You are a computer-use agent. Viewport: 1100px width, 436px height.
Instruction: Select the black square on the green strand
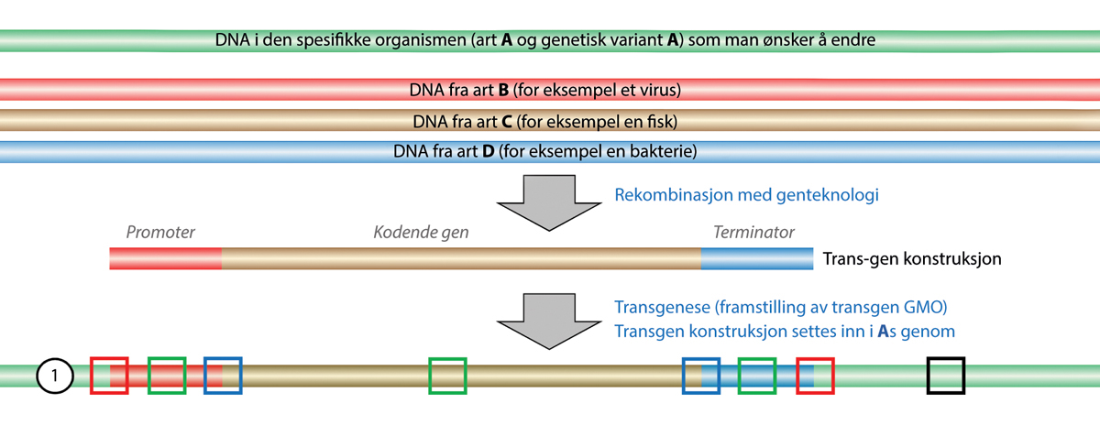[946, 376]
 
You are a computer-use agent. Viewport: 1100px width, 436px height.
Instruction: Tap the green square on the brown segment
[447, 376]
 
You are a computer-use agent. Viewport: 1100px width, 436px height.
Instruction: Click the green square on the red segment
[167, 376]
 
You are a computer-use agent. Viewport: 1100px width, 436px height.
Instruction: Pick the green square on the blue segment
[757, 376]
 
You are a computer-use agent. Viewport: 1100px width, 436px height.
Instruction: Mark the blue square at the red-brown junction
[224, 376]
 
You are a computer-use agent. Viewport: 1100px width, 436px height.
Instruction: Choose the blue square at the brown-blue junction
[702, 376]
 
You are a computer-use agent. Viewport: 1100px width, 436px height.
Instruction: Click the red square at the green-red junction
[109, 376]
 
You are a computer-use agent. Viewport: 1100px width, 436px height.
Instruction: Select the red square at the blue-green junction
[815, 376]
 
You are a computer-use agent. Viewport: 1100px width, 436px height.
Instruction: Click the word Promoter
[160, 233]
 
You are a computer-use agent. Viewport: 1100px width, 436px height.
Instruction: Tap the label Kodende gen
[421, 233]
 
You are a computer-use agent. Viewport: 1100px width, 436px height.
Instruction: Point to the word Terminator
[753, 233]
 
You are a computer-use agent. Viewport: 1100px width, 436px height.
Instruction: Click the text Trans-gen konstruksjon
[912, 259]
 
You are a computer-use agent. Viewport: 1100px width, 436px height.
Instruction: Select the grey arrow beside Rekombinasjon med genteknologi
[546, 202]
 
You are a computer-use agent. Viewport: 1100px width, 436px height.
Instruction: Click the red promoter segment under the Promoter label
[165, 259]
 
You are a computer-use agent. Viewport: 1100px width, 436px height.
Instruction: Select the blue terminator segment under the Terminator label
[756, 259]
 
